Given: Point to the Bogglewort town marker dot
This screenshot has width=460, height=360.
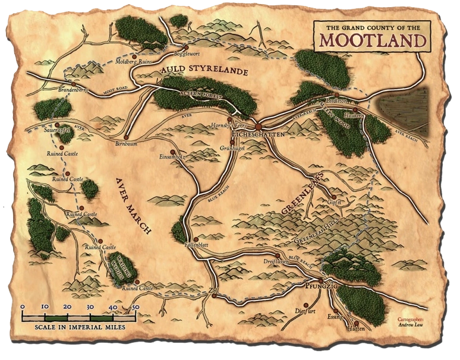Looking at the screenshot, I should (x=186, y=48).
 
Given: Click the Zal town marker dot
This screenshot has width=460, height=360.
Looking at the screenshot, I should (x=213, y=295).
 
